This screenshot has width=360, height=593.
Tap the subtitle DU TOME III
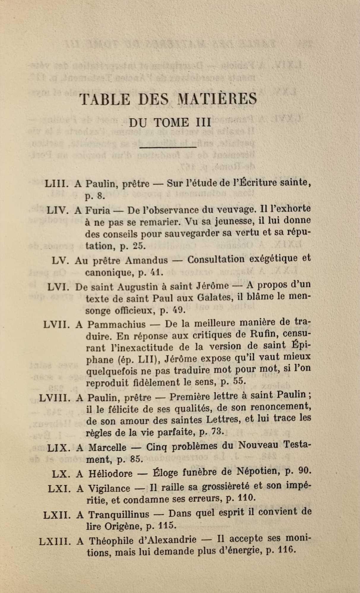click(x=170, y=122)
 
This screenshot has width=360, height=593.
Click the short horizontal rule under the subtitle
click(x=168, y=147)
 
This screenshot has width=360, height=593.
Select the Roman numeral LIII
click(x=57, y=184)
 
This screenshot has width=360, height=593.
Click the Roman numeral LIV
click(x=58, y=210)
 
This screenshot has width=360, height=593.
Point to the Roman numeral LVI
click(x=58, y=287)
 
